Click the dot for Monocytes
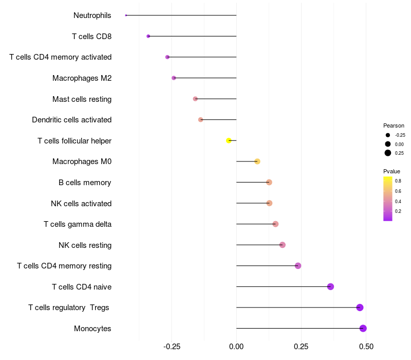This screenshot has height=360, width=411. pos(363,328)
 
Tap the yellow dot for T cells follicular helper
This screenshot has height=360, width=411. pos(229,140)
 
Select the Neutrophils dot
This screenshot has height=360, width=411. pos(126,15)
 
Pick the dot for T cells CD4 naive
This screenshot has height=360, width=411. pos(330,286)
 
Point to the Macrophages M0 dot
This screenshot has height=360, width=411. pos(257,161)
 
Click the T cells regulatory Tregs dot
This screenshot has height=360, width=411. pos(360,308)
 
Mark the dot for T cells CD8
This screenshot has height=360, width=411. pos(148,36)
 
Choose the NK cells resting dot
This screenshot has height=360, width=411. pos(282,245)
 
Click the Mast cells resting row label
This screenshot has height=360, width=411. pos(82,99)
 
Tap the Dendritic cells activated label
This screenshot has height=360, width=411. pos(71,120)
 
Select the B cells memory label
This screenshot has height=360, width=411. pos(85,183)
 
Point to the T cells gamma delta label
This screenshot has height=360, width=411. pos(78,224)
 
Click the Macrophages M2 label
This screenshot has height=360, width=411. pos(82,78)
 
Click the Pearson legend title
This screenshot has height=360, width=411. pos(394,125)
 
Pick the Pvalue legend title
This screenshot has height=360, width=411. pos(391,171)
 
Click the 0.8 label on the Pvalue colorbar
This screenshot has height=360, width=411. pos(398,181)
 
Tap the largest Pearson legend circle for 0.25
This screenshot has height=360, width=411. pos(388,153)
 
